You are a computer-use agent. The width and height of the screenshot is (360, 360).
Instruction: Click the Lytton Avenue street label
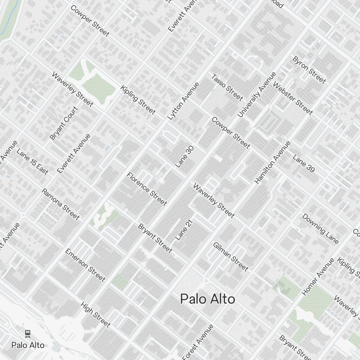click(183, 101)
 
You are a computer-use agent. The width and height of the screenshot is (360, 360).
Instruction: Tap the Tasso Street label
click(227, 87)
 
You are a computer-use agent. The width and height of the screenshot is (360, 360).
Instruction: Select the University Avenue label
click(257, 95)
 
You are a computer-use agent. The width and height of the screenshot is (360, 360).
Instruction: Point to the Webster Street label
click(293, 98)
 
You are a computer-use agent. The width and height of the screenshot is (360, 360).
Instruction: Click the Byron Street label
click(309, 70)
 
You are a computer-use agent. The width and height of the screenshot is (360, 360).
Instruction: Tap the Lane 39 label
click(303, 163)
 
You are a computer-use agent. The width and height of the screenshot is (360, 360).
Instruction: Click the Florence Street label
click(147, 189)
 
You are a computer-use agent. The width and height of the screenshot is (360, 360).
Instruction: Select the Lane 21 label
click(184, 230)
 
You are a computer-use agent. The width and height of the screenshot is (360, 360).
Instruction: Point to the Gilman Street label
click(231, 256)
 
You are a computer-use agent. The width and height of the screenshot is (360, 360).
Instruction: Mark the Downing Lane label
click(320, 229)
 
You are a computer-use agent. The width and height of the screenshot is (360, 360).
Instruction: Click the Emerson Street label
click(85, 265)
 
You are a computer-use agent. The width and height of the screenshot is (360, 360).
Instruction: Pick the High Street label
click(95, 315)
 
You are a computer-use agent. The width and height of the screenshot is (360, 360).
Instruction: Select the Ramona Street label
click(60, 204)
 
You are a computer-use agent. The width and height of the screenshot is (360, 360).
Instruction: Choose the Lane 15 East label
click(32, 161)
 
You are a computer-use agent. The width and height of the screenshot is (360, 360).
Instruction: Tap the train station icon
click(28, 334)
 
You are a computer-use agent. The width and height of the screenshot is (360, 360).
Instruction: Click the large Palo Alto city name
click(208, 299)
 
